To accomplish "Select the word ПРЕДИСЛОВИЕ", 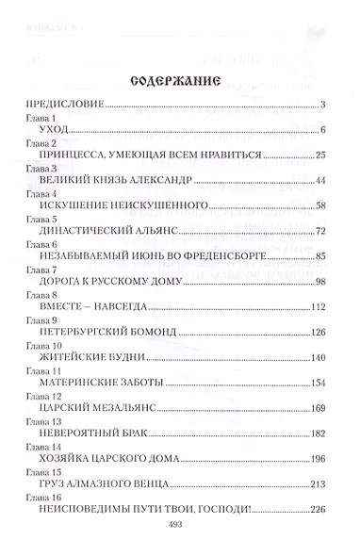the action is point(62,104).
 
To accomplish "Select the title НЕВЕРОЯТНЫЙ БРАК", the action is point(98,434).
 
